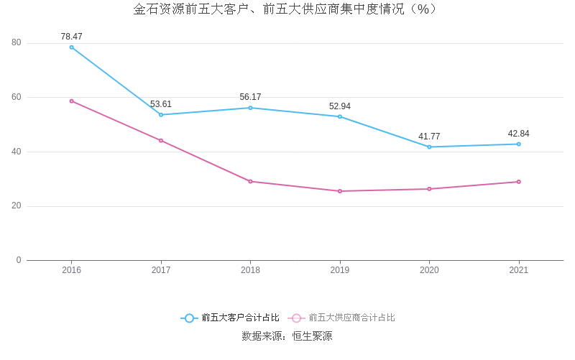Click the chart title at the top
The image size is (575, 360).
click(287, 9)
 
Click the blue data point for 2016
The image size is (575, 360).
click(72, 47)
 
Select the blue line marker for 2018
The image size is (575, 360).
click(250, 108)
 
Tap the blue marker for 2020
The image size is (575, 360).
click(429, 147)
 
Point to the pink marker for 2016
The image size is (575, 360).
click(72, 101)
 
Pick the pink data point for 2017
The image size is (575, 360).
click(161, 140)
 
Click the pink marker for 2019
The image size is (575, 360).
click(340, 191)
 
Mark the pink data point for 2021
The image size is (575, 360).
click(518, 182)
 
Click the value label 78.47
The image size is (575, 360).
click(72, 37)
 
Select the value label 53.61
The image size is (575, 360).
click(161, 104)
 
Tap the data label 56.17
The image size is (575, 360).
click(250, 97)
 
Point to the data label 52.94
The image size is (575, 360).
click(340, 106)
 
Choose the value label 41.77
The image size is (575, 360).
click(429, 137)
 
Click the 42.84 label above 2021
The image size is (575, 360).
click(518, 134)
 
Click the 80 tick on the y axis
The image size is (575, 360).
click(17, 43)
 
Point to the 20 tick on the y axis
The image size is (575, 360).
click(17, 206)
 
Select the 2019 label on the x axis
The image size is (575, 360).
click(340, 270)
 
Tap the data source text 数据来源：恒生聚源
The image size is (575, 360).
click(287, 336)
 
